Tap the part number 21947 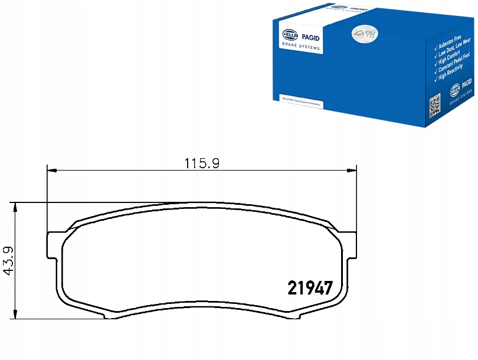(310, 288)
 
